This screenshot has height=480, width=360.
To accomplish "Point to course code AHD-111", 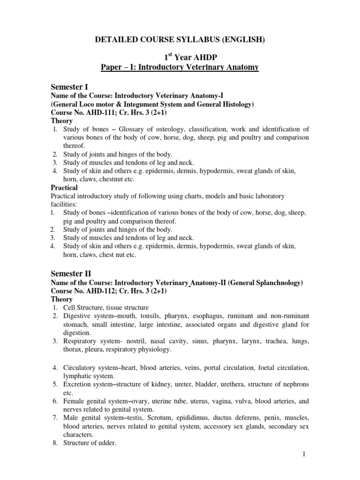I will (100, 112).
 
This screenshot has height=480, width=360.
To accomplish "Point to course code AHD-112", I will (100, 291).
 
